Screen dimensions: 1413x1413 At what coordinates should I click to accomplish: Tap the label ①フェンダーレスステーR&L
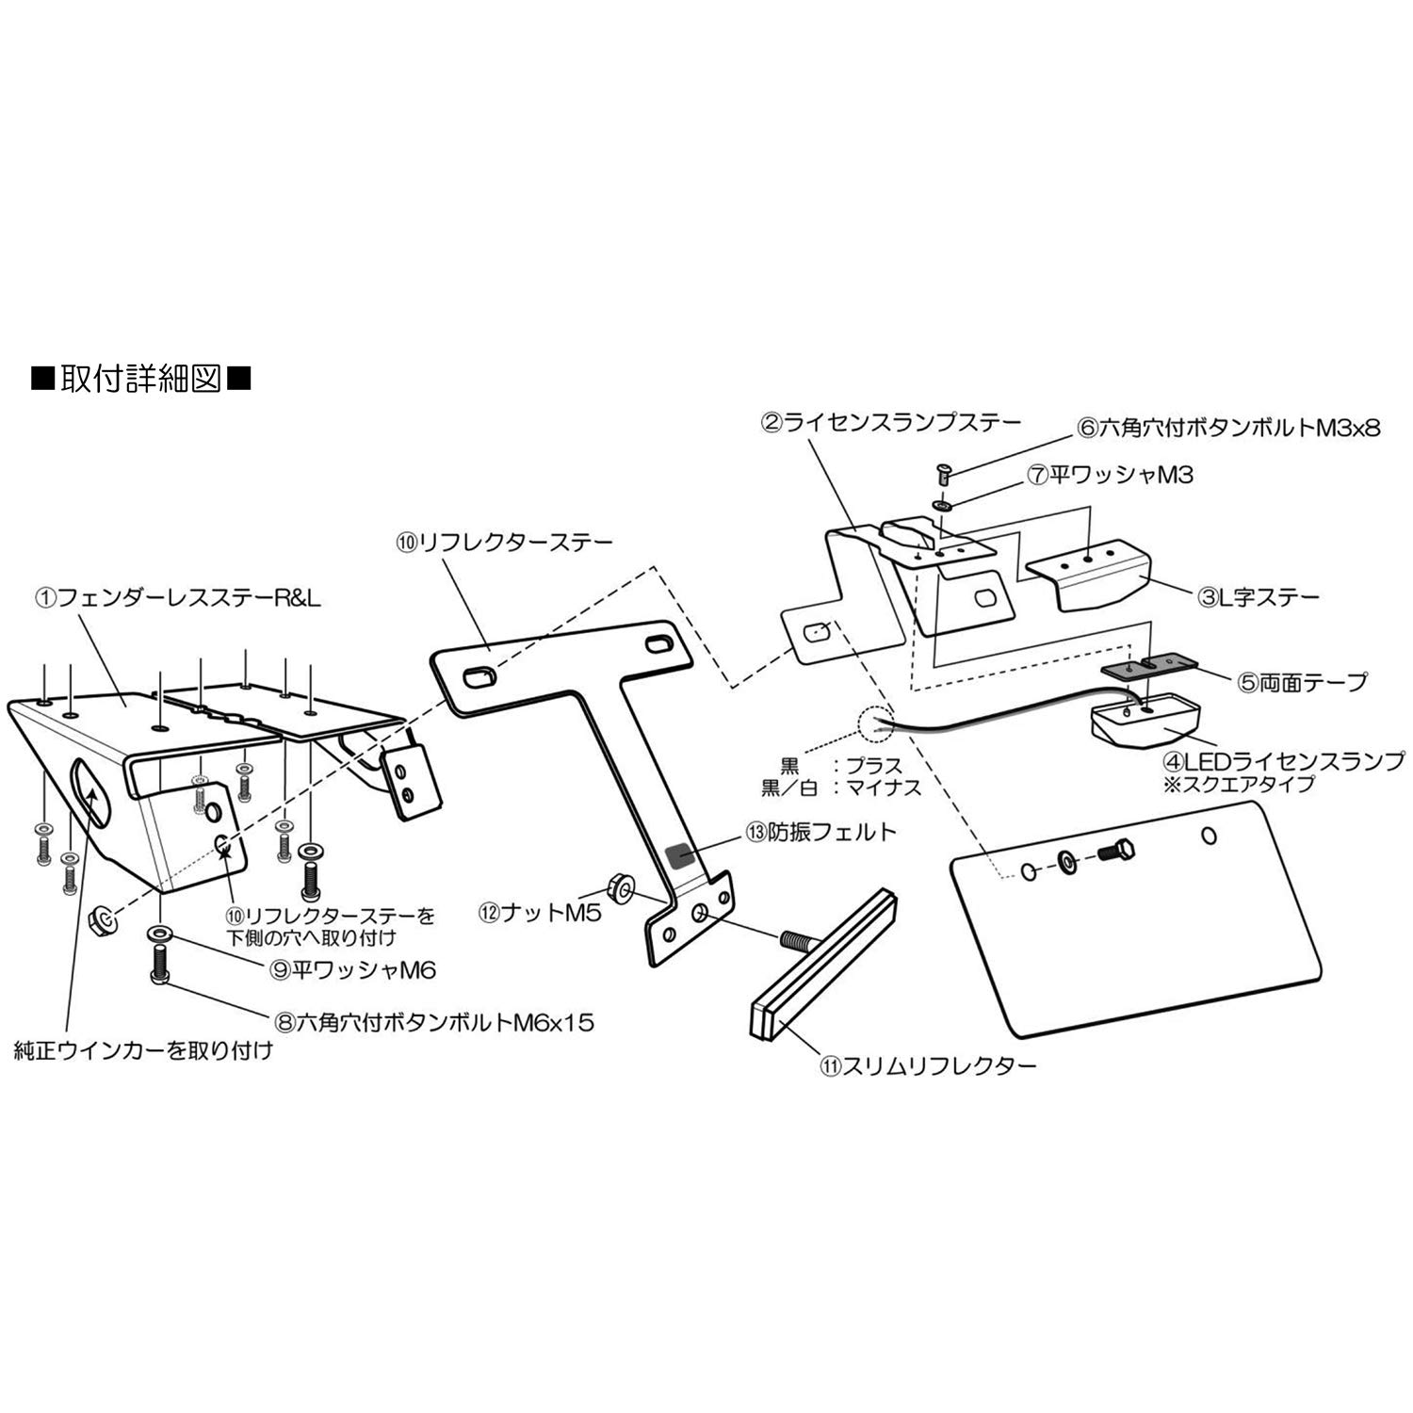[x=179, y=597]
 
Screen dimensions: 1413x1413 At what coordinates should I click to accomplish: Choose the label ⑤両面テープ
[x=1303, y=681]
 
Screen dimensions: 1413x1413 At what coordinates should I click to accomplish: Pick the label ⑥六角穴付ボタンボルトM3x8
[x=1228, y=428]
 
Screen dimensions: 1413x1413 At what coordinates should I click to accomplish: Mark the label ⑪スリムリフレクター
[x=928, y=1065]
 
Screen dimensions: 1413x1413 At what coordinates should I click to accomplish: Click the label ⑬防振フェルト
[x=820, y=833]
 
